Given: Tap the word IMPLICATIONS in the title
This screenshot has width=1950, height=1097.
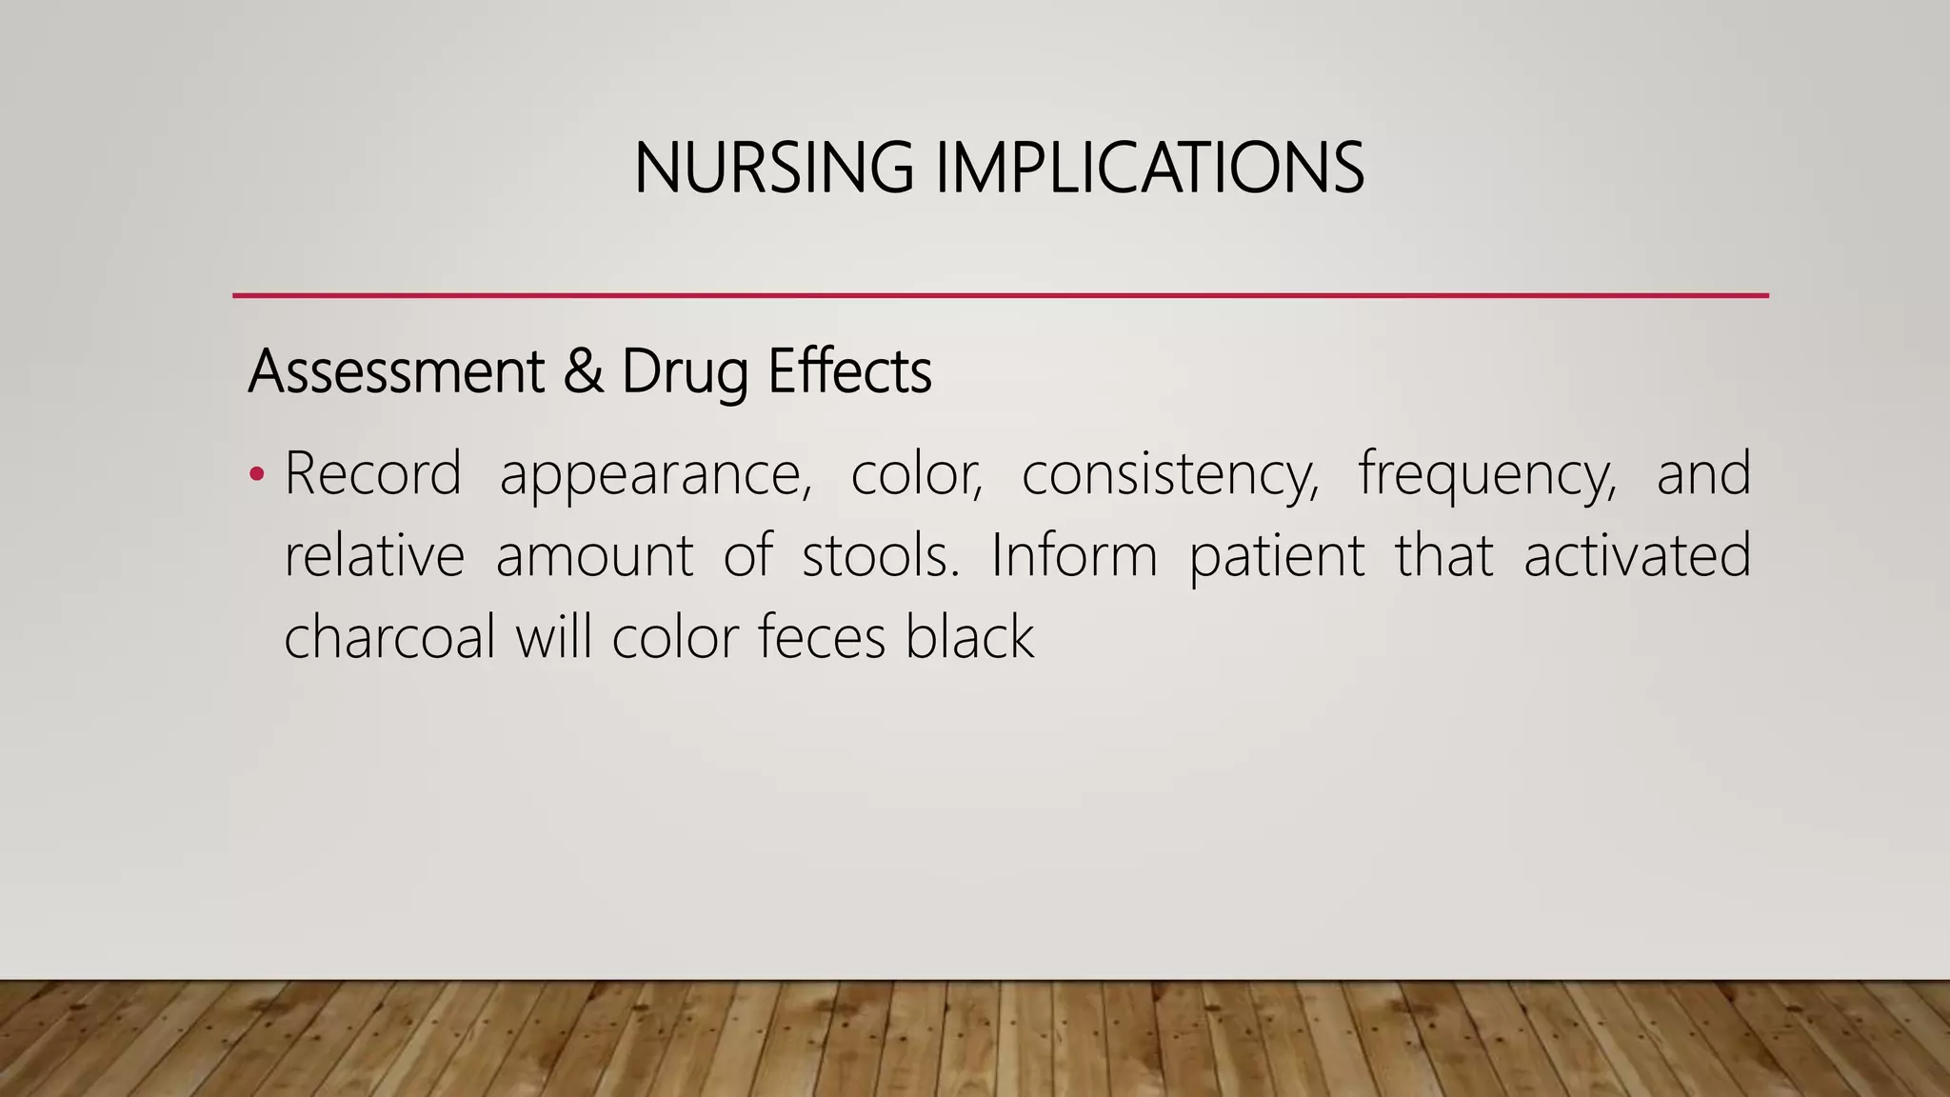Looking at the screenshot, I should point(1149,169).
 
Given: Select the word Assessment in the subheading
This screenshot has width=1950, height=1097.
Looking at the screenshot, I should point(395,371).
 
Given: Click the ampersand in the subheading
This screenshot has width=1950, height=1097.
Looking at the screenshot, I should point(583,371).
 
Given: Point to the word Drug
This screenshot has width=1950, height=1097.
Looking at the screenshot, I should point(684,373).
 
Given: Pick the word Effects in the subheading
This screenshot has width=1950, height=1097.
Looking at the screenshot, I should point(849,371).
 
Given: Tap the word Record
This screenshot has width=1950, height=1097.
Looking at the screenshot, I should point(372,473).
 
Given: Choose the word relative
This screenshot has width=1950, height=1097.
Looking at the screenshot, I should point(374,555).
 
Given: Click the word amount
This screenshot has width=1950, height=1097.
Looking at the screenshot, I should point(594,557).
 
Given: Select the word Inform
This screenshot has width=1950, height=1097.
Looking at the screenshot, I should point(1073,555).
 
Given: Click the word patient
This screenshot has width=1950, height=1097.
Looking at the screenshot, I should point(1277,557).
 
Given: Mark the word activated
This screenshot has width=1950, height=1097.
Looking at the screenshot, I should point(1637,555).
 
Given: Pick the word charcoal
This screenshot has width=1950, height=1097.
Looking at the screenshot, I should point(389,636).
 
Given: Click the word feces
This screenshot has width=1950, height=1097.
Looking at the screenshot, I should point(822,636).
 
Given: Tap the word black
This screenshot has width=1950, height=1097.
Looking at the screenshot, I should point(968,636).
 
